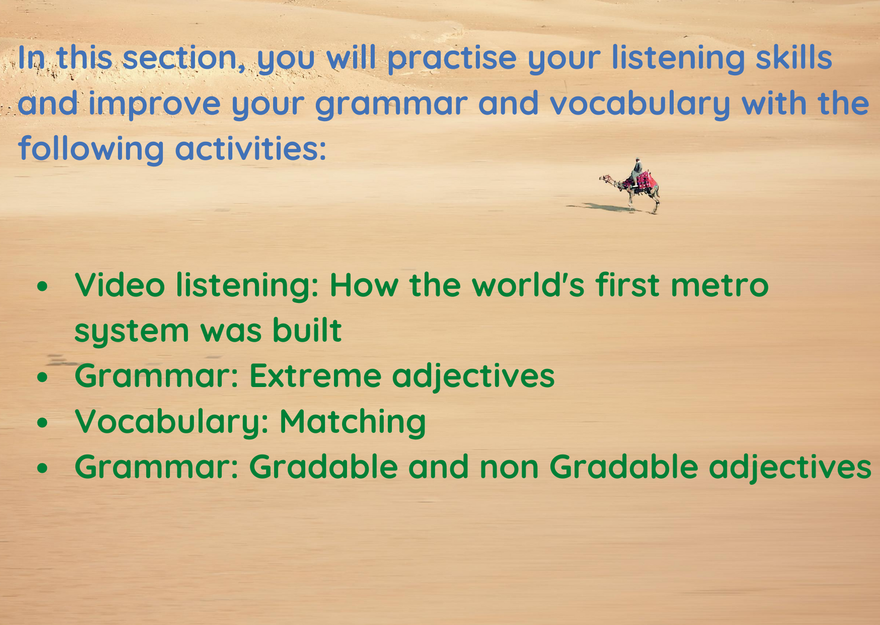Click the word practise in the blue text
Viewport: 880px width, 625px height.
[452, 58]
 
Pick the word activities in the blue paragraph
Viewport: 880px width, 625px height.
[251, 149]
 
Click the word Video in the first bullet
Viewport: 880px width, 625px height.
[120, 285]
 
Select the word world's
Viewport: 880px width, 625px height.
[528, 285]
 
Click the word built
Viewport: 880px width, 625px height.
[307, 330]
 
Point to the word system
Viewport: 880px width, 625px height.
[131, 332]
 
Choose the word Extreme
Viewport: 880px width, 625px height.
[315, 376]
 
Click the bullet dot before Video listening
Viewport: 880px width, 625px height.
[42, 286]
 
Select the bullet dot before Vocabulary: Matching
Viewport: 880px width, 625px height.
[42, 422]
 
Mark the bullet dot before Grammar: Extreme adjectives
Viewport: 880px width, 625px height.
[42, 377]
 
